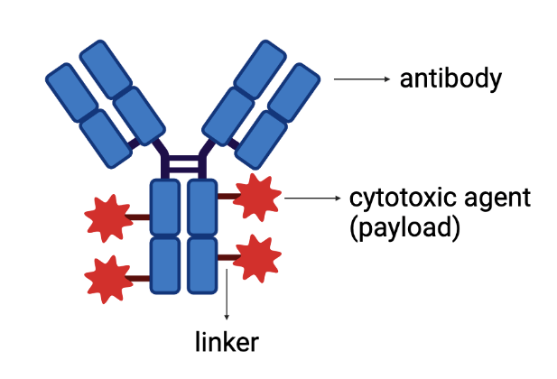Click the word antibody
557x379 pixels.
coord(449,79)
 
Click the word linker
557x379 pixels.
coord(227,343)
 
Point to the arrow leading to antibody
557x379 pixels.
coord(360,79)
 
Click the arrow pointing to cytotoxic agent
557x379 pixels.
coord(309,198)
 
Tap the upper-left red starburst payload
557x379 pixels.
coord(107,217)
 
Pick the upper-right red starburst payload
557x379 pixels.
coord(257,197)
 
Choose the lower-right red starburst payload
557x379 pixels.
coord(257,259)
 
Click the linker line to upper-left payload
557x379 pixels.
coord(138,217)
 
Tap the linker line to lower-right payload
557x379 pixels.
coord(227,259)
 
